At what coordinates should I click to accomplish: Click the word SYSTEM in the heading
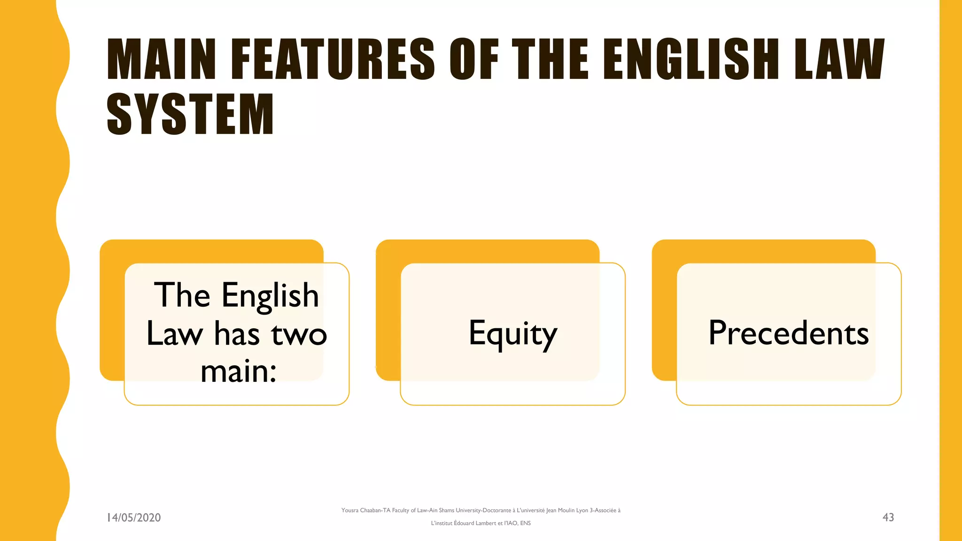tap(190, 114)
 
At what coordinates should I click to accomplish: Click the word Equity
tap(512, 334)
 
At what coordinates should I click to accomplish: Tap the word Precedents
tap(788, 333)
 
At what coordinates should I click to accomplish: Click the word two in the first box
tap(299, 334)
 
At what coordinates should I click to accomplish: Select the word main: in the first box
tap(238, 371)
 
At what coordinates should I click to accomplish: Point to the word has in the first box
tap(237, 334)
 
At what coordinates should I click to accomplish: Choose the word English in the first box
tap(270, 296)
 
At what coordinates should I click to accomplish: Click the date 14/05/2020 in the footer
tap(134, 518)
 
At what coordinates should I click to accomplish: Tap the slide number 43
tap(888, 517)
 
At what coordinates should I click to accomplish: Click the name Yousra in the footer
tap(350, 510)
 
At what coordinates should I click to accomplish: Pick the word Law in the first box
tap(174, 334)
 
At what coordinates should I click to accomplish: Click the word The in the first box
tap(182, 296)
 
